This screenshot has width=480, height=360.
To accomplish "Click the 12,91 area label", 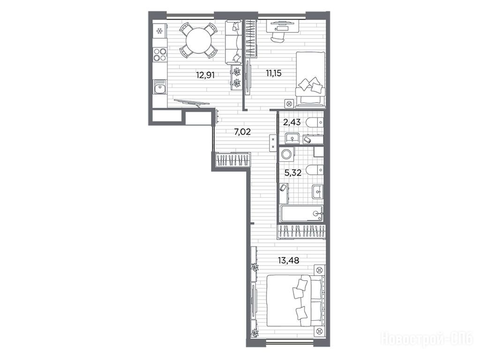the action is pyautogui.click(x=205, y=75).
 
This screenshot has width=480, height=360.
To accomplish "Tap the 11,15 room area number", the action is pyautogui.click(x=273, y=73).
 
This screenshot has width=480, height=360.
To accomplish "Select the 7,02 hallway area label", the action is pyautogui.click(x=242, y=132).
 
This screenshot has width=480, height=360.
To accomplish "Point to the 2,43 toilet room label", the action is pyautogui.click(x=292, y=122).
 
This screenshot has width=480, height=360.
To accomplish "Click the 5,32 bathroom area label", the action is pyautogui.click(x=292, y=173).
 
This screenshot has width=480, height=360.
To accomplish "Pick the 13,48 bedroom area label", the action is pyautogui.click(x=288, y=261).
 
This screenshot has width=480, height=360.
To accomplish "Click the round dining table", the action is pyautogui.click(x=199, y=41).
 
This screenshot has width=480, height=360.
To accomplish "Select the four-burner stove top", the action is pyautogui.click(x=159, y=54).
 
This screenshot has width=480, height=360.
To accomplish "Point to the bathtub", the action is pyautogui.click(x=301, y=213).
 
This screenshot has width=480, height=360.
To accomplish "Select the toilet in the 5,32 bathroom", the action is pyautogui.click(x=315, y=169).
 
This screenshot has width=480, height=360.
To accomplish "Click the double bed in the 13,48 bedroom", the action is pyautogui.click(x=295, y=300).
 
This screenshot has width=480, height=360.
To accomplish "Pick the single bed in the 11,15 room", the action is pyautogui.click(x=310, y=79).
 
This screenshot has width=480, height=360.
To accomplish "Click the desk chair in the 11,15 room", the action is pyautogui.click(x=277, y=37).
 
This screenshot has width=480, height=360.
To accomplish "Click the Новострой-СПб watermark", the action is pyautogui.click(x=427, y=339).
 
